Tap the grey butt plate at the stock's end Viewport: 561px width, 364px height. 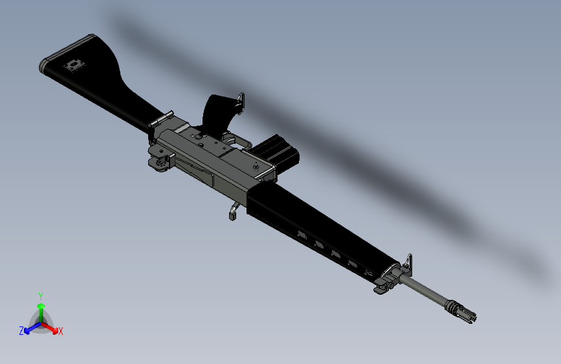43,64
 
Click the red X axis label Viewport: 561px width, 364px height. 61,332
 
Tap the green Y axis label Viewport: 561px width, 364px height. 40,296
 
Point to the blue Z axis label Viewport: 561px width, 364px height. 21,330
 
